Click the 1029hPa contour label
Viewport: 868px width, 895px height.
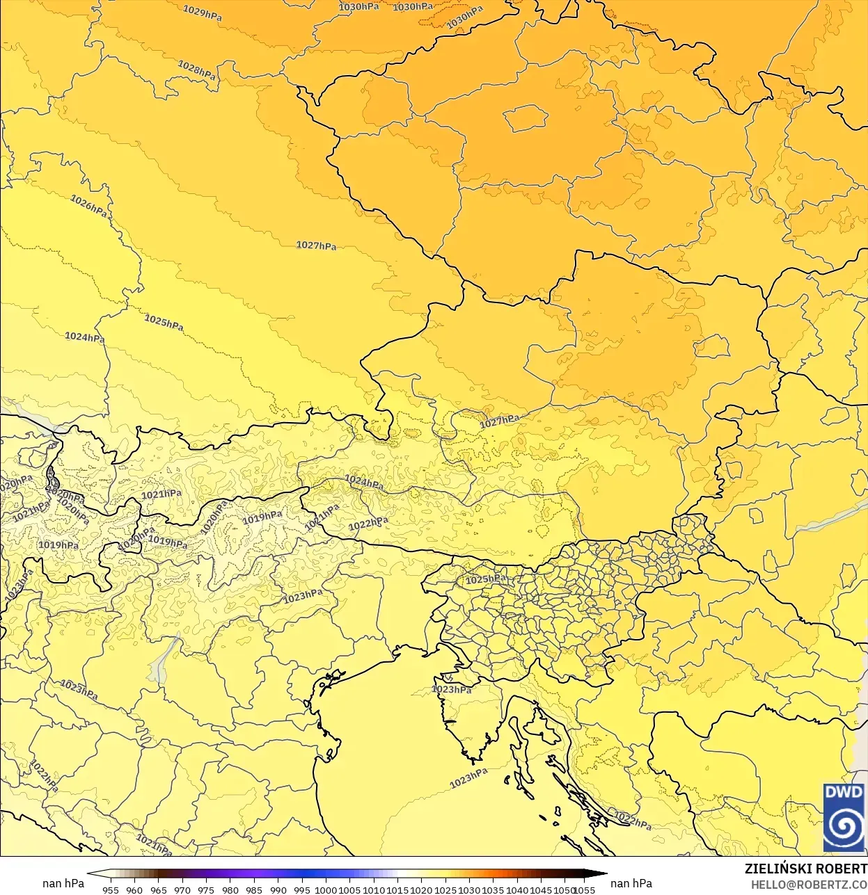pos(203,13)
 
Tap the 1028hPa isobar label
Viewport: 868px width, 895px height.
pos(197,70)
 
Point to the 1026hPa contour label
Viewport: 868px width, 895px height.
pos(89,205)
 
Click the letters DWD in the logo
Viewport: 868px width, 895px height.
pos(844,792)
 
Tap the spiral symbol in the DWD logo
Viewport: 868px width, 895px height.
pos(844,827)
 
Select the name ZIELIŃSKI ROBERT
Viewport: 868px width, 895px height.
pos(805,869)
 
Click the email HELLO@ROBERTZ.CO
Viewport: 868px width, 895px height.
pos(808,885)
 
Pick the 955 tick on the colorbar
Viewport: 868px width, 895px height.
pos(111,889)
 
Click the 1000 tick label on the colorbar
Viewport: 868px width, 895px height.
pos(326,889)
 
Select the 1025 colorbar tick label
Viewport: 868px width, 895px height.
pos(445,889)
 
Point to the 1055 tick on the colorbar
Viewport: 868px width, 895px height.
pos(585,889)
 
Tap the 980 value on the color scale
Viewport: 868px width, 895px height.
pos(230,889)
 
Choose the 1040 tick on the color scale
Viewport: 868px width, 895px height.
pos(517,889)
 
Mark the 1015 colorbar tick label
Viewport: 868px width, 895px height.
pos(397,889)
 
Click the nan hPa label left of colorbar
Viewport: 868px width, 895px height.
pos(63,883)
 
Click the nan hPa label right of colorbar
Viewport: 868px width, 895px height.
pos(631,883)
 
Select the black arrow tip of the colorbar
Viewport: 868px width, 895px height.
pos(602,874)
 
